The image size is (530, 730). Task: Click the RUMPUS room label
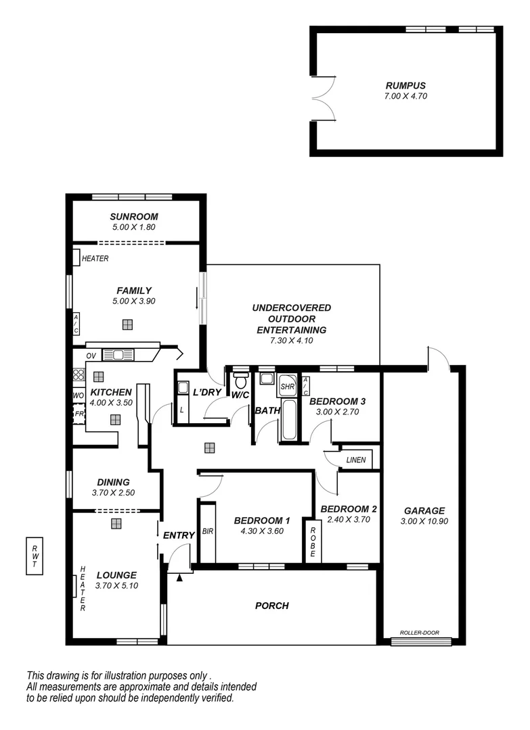click(405, 85)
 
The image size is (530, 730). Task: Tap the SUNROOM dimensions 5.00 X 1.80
click(133, 227)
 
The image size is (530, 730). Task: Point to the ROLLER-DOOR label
click(420, 633)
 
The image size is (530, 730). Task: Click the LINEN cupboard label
click(355, 460)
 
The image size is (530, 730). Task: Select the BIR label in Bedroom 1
click(208, 532)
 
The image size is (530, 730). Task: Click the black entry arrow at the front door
click(179, 577)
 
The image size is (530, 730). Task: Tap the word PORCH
click(271, 606)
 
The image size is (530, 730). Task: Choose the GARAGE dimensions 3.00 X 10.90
click(424, 521)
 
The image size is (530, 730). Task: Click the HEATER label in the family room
click(95, 258)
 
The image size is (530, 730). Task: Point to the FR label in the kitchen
click(79, 413)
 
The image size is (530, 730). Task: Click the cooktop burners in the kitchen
click(78, 375)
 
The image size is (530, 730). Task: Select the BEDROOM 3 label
click(337, 401)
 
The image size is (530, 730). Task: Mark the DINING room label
click(114, 482)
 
